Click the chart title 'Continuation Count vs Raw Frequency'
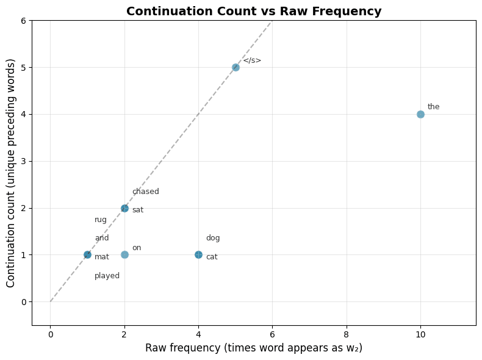(254, 11)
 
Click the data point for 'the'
(420, 114)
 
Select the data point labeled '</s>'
(236, 67)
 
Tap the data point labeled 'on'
(124, 254)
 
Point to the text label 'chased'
(145, 192)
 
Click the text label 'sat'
(137, 210)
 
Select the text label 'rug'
(100, 220)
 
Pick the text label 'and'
(101, 238)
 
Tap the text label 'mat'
(101, 257)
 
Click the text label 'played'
(107, 276)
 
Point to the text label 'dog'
(212, 238)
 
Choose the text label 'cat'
(211, 257)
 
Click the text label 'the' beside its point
(433, 107)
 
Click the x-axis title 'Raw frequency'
(254, 347)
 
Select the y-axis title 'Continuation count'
(11, 173)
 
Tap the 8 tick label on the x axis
(347, 334)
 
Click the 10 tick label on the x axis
(420, 334)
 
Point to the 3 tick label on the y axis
(23, 161)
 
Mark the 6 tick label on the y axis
(23, 21)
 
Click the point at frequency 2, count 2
(124, 208)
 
